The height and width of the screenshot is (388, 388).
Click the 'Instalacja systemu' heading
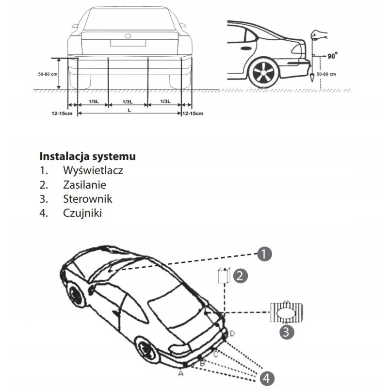[88, 156]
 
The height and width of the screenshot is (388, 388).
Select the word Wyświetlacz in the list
[93, 170]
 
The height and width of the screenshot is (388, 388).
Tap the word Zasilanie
[84, 185]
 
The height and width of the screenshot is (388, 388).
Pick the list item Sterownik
[88, 199]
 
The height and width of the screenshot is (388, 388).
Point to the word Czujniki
[82, 213]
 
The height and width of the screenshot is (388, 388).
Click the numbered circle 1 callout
[264, 254]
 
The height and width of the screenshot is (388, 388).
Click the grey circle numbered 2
[240, 275]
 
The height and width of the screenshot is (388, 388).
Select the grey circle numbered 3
[287, 332]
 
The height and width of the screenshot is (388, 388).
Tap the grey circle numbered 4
[267, 378]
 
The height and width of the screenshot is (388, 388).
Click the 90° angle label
[332, 56]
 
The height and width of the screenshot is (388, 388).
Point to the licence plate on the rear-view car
[128, 43]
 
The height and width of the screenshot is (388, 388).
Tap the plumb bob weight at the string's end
[312, 78]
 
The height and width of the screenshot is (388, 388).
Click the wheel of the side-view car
[264, 72]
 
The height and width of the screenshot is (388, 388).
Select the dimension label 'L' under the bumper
[129, 111]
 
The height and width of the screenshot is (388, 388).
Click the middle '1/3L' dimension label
[128, 102]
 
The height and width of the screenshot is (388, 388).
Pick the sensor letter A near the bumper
[181, 373]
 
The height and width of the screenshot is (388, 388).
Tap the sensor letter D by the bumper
[232, 334]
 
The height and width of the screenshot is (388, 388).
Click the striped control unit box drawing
[287, 312]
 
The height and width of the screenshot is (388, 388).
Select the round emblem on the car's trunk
[128, 36]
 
